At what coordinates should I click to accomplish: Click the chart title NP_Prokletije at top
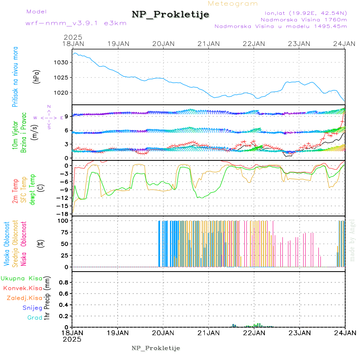(170, 15)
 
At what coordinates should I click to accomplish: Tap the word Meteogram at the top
(233, 4)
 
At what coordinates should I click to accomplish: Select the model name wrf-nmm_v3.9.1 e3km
(76, 23)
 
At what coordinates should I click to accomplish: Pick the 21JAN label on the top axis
(209, 44)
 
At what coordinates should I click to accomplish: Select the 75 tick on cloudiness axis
(64, 232)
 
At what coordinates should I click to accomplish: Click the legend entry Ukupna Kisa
(21, 278)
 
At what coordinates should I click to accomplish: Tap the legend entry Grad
(35, 318)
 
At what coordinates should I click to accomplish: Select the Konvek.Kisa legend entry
(22, 288)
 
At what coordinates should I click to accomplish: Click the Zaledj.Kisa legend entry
(24, 298)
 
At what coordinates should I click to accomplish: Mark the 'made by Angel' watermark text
(352, 240)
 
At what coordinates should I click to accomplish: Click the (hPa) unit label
(36, 76)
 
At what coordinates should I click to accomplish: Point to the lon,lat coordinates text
(303, 13)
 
